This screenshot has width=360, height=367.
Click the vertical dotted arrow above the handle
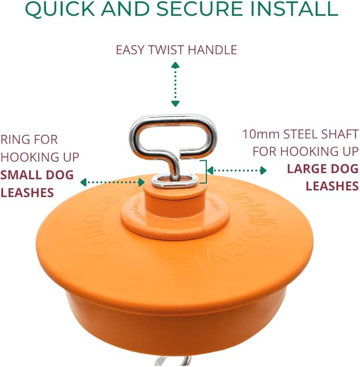(175, 84)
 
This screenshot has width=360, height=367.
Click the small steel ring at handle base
(173, 181)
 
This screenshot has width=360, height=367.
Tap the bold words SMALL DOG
(37, 174)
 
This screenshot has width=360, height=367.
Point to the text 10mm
(261, 134)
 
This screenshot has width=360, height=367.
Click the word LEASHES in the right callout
(332, 186)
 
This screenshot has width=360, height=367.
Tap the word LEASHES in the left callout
(28, 192)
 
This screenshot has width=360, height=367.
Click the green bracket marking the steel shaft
(204, 171)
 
